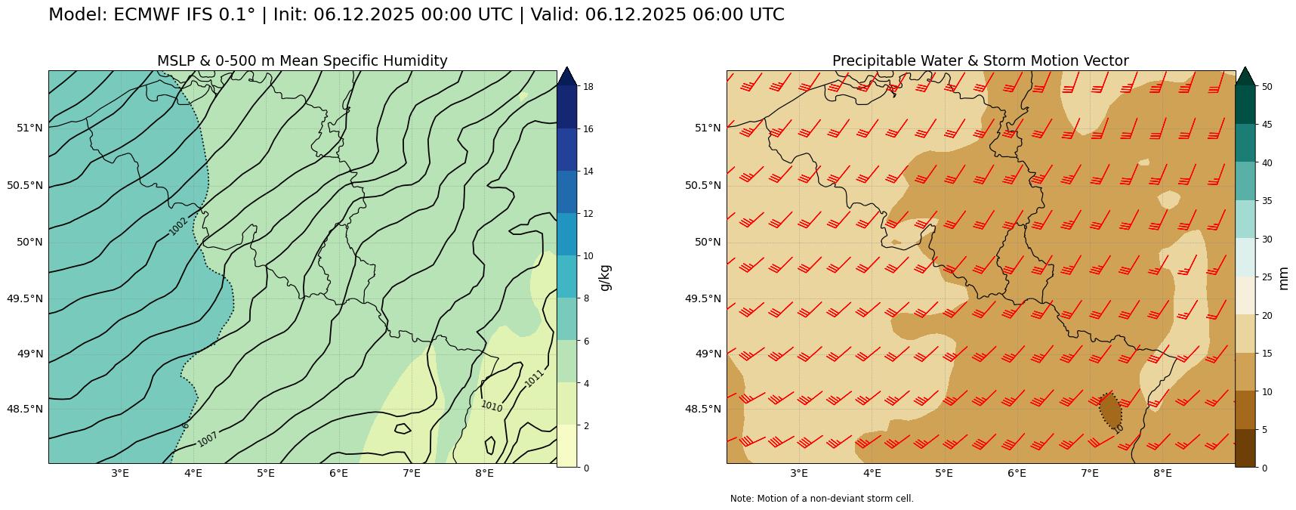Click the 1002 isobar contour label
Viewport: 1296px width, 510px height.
178,226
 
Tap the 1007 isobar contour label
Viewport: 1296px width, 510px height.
208,439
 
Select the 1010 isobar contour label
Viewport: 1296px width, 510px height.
492,406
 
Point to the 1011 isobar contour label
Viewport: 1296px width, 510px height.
534,379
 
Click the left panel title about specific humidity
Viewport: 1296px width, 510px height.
302,61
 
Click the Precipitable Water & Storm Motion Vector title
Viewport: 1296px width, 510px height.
980,61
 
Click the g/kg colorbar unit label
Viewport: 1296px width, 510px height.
605,277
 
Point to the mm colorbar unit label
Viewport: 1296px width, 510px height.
1283,277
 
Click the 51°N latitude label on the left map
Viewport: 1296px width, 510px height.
29,128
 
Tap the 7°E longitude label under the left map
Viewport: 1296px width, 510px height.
412,474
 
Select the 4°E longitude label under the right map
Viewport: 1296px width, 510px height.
872,474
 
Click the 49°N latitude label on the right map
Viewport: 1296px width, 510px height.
708,354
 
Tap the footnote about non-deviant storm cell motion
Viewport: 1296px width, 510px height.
822,499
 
